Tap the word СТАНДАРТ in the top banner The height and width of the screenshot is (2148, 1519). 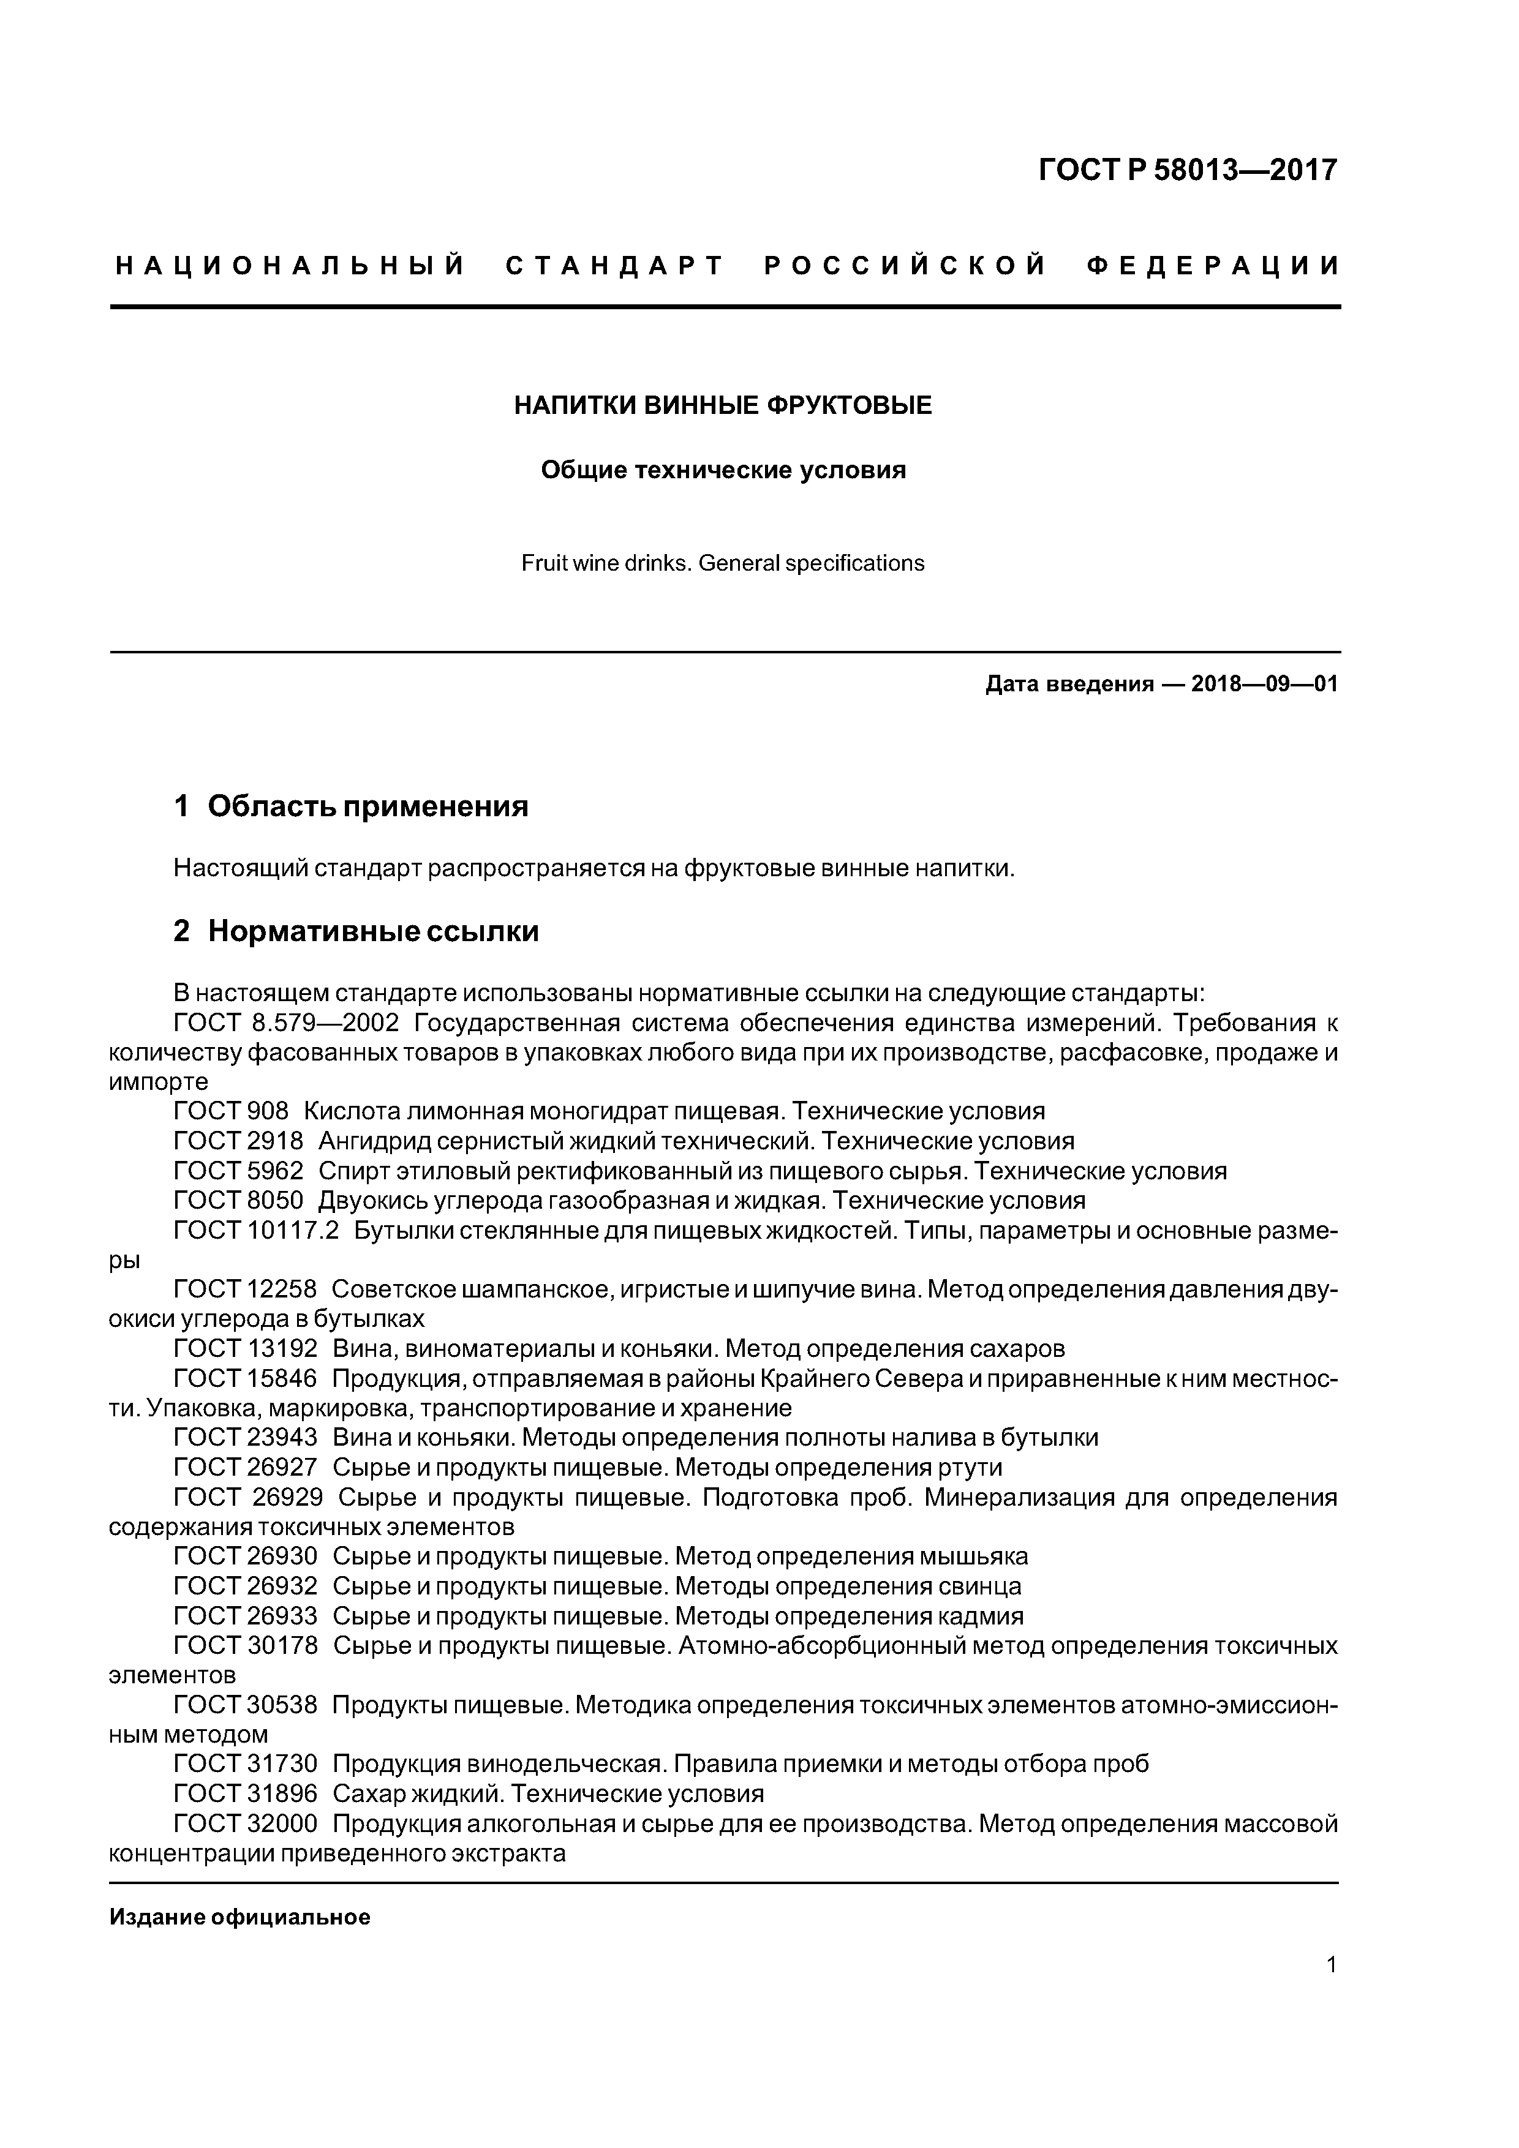click(x=615, y=266)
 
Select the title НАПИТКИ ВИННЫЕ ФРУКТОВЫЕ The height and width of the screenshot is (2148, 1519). click(x=723, y=405)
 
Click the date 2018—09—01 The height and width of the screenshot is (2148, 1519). click(x=1264, y=684)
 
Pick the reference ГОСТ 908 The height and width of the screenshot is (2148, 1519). click(x=231, y=1111)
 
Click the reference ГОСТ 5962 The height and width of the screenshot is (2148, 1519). click(x=239, y=1171)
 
